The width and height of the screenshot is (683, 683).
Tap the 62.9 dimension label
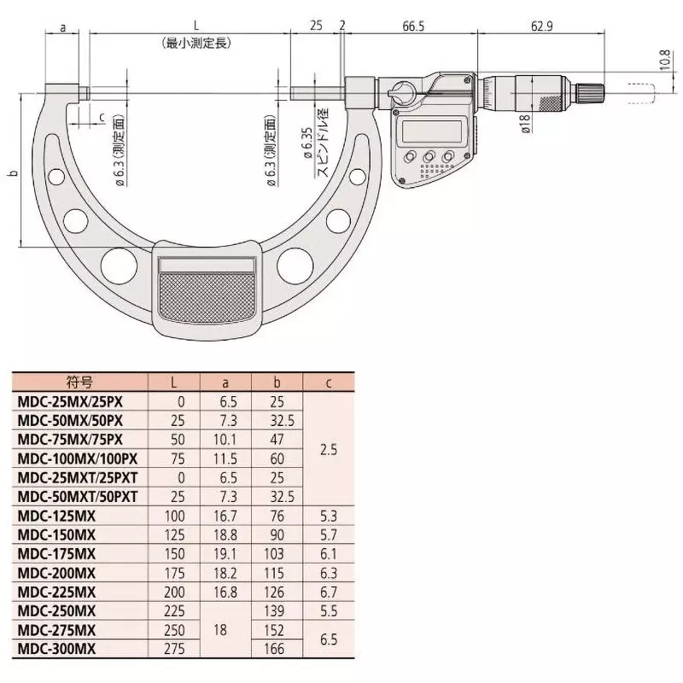(x=540, y=26)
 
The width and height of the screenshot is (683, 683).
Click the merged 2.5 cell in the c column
(x=328, y=447)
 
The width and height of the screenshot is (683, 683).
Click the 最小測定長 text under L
(x=196, y=42)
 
